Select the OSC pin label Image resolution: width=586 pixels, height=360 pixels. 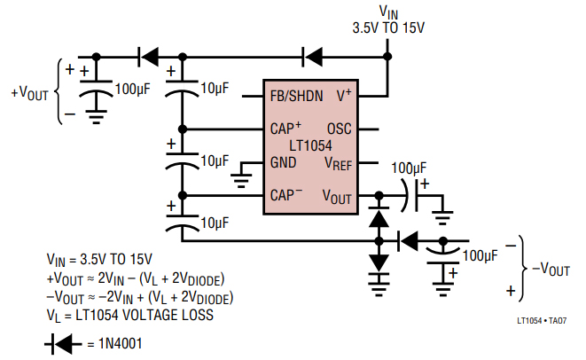click(x=340, y=129)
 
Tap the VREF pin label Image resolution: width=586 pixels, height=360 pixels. click(x=338, y=163)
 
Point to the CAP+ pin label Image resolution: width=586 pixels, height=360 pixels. click(x=286, y=128)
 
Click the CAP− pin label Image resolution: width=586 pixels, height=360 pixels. click(x=286, y=195)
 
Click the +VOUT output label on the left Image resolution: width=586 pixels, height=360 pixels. click(x=29, y=91)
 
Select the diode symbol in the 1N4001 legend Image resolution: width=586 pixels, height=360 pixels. click(x=59, y=343)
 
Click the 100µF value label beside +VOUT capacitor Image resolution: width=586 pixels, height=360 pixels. click(x=135, y=89)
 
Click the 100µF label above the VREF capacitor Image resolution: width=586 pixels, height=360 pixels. click(x=410, y=168)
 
